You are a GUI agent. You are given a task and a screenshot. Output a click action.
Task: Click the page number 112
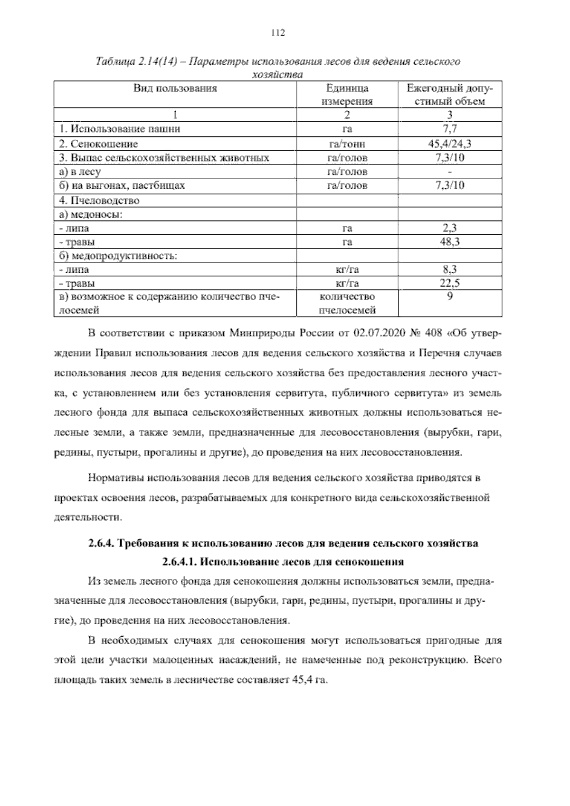[277, 33]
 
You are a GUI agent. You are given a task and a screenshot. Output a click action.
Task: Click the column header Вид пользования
[174, 88]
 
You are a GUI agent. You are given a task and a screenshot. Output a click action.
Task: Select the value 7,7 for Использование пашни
[449, 129]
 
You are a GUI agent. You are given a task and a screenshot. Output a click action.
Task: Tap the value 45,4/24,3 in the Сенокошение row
[449, 144]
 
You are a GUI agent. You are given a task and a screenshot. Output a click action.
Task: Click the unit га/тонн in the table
[347, 144]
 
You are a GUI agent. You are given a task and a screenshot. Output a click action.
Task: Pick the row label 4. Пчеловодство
[99, 200]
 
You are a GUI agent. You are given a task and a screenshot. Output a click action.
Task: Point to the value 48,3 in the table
[449, 242]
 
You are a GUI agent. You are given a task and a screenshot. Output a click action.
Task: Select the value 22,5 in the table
[449, 284]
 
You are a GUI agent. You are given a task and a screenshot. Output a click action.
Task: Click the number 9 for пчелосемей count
[449, 297]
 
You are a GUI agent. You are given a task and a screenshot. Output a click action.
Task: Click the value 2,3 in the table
[449, 228]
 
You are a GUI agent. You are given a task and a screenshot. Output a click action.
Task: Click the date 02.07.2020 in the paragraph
[378, 333]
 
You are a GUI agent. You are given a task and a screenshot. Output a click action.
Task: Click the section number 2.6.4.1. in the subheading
[179, 562]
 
